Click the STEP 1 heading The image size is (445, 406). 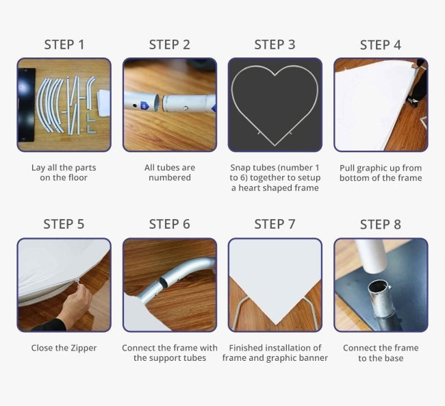[64, 45]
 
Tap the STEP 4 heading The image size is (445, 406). [380, 45]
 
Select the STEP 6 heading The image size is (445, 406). [169, 225]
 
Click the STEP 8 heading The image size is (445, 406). [380, 225]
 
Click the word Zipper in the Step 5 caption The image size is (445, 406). [84, 348]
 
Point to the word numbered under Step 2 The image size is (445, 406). [169, 178]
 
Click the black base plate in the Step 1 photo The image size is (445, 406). [27, 105]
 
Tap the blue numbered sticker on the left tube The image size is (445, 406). [144, 106]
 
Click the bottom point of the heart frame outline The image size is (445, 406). [275, 145]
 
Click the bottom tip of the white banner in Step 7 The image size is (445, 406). [276, 325]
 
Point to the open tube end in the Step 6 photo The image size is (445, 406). [164, 281]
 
